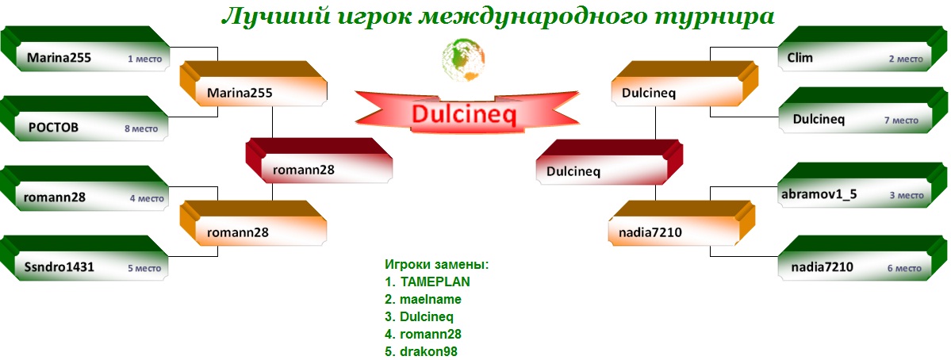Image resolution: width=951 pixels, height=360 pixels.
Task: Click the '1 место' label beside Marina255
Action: pyautogui.click(x=144, y=59)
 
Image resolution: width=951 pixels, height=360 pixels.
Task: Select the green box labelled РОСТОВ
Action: pyautogui.click(x=85, y=119)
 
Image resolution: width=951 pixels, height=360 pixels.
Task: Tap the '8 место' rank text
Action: pyautogui.click(x=141, y=129)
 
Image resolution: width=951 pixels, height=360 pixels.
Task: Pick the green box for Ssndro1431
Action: pyautogui.click(x=85, y=259)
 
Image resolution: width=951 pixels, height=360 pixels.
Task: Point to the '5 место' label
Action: pyautogui.click(x=144, y=269)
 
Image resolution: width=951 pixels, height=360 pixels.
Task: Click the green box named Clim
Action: pyautogui.click(x=863, y=49)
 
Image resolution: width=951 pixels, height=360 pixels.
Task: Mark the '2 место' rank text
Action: pyautogui.click(x=906, y=59)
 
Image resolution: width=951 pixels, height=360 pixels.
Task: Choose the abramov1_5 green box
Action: pyautogui.click(x=863, y=186)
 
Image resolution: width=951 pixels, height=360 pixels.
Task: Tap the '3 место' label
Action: pyautogui.click(x=906, y=195)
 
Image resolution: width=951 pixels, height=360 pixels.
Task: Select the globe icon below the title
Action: pyautogui.click(x=464, y=59)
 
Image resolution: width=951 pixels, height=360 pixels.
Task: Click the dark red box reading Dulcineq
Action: pyautogui.click(x=610, y=162)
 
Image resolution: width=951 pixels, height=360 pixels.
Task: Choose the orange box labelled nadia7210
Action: pyautogui.click(x=683, y=224)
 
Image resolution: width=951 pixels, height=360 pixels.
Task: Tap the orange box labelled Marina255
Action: pyautogui.click(x=254, y=83)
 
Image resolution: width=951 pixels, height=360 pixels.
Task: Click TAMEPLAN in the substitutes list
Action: pyautogui.click(x=435, y=281)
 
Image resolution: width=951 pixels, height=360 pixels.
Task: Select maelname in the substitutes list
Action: pyautogui.click(x=431, y=300)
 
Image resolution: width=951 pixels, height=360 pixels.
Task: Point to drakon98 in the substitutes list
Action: pyautogui.click(x=429, y=351)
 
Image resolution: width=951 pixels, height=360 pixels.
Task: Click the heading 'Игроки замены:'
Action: pyautogui.click(x=437, y=265)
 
